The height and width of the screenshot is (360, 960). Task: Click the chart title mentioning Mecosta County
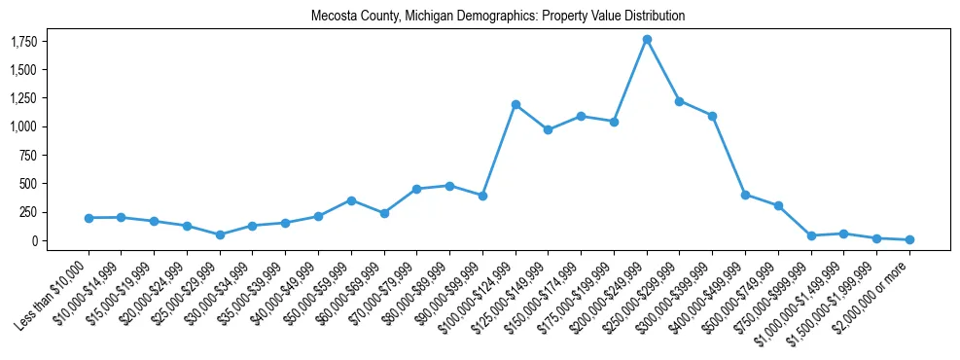(x=498, y=17)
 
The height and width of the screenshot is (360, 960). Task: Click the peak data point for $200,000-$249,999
(x=647, y=40)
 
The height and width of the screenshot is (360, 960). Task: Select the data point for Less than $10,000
(x=89, y=218)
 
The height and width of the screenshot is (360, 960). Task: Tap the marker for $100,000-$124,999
(x=516, y=104)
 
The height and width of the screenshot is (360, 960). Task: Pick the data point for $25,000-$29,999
(x=220, y=234)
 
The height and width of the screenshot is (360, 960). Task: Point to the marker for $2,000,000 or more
(x=909, y=239)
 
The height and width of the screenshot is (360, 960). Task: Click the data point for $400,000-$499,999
(x=745, y=195)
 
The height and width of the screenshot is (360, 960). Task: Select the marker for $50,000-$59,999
(x=351, y=200)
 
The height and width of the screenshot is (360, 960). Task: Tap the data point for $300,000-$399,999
(x=712, y=116)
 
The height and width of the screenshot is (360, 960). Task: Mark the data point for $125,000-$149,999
(x=549, y=129)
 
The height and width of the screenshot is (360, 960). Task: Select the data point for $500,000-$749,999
(x=778, y=205)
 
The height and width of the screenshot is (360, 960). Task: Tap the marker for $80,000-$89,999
(x=449, y=186)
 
